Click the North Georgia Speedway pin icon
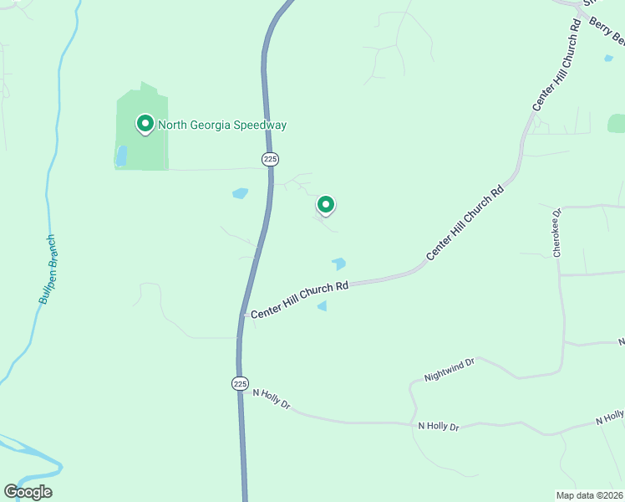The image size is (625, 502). tap(145, 125)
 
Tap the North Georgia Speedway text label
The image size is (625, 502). tap(222, 125)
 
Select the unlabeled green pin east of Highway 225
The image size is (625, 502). tap(326, 204)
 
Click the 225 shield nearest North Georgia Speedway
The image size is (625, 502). tap(270, 159)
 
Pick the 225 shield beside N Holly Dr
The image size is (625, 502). tap(240, 383)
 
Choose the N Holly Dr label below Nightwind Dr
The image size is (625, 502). tap(439, 427)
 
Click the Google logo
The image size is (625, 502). tap(28, 492)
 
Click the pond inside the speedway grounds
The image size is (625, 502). tap(122, 156)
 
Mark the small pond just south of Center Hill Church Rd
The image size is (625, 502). tap(322, 307)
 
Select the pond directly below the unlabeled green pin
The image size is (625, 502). tap(338, 264)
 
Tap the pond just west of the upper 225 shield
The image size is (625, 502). tap(240, 193)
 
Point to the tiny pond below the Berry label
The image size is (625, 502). tap(607, 59)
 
